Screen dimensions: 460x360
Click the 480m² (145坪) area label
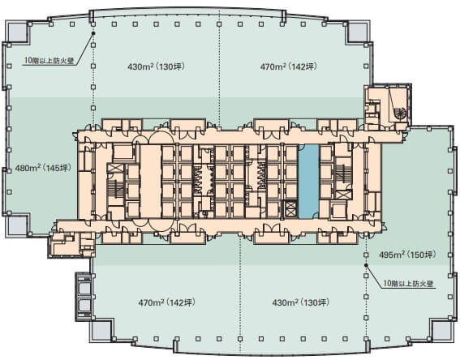coord(43,169)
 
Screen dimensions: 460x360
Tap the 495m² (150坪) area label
coord(407,255)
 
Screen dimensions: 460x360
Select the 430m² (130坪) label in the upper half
coord(157,66)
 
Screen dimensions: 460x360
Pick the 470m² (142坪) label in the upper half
coord(289,66)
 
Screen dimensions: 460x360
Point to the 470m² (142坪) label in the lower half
coord(166,302)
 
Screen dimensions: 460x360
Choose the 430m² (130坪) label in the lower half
coord(301,302)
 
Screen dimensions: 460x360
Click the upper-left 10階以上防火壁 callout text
coord(49,61)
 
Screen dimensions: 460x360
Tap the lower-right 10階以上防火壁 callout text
coord(409,284)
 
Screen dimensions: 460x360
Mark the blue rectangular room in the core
coord(308,182)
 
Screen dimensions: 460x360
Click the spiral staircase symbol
coord(400,114)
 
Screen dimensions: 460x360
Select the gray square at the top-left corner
coord(17,32)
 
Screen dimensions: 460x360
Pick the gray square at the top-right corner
coord(357,32)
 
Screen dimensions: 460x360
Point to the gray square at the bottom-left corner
coord(101,330)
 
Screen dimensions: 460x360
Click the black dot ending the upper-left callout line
coord(93,33)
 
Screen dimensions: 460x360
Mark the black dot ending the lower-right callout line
coord(366,265)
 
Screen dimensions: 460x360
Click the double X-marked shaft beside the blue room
coord(290,208)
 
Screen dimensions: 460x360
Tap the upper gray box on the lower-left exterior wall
coord(84,287)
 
